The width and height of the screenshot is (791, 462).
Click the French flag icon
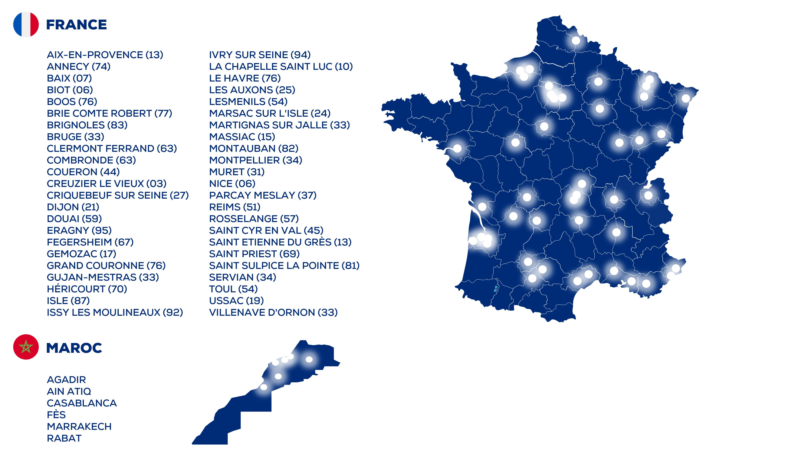[26, 24]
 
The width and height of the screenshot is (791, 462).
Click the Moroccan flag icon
[26, 347]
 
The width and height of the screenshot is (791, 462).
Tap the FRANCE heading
[76, 25]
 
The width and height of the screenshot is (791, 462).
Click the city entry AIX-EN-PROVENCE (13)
[105, 55]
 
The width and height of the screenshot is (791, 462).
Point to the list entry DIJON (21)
[73, 207]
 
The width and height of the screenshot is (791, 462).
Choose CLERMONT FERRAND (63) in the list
[112, 148]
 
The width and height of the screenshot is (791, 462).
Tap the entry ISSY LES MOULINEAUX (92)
[115, 313]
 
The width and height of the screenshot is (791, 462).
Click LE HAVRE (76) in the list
[245, 78]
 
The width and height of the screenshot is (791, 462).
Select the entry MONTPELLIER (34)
[256, 160]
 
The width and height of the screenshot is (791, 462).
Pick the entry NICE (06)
[232, 184]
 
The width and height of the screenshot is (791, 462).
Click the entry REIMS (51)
[235, 207]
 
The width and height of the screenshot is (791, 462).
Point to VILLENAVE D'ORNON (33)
[273, 313]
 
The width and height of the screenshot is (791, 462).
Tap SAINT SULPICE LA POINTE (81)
[284, 266]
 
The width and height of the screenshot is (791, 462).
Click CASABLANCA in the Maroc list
[82, 403]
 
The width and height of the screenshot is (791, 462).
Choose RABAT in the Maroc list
[64, 438]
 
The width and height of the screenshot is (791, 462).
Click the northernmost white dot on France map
[576, 40]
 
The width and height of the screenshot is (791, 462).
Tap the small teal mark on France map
[496, 288]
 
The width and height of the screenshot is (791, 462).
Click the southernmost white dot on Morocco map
[264, 387]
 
